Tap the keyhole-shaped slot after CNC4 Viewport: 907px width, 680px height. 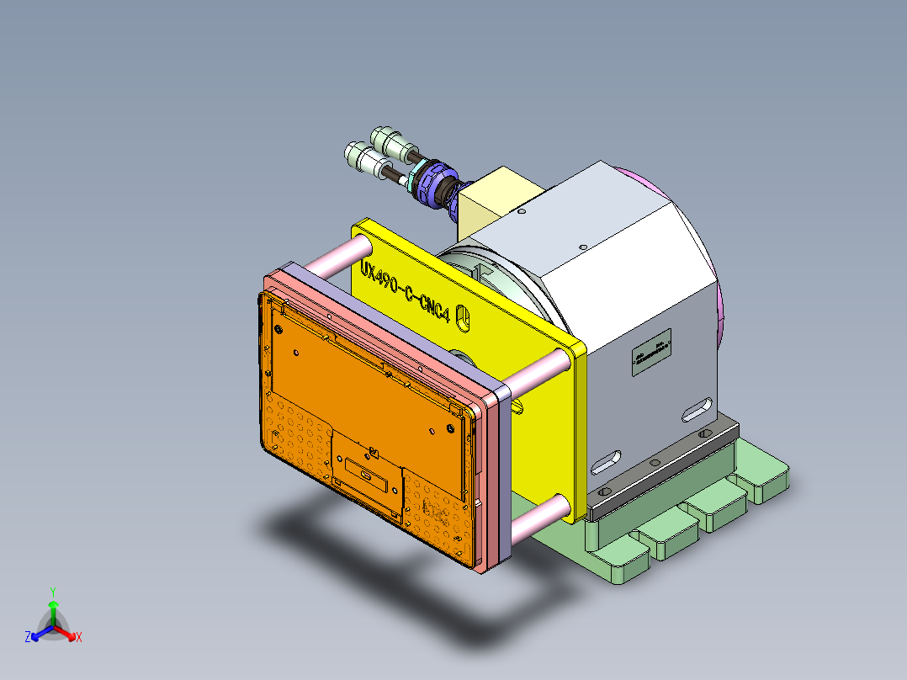462,316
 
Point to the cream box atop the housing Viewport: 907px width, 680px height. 498,200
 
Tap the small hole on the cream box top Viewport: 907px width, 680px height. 522,214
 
